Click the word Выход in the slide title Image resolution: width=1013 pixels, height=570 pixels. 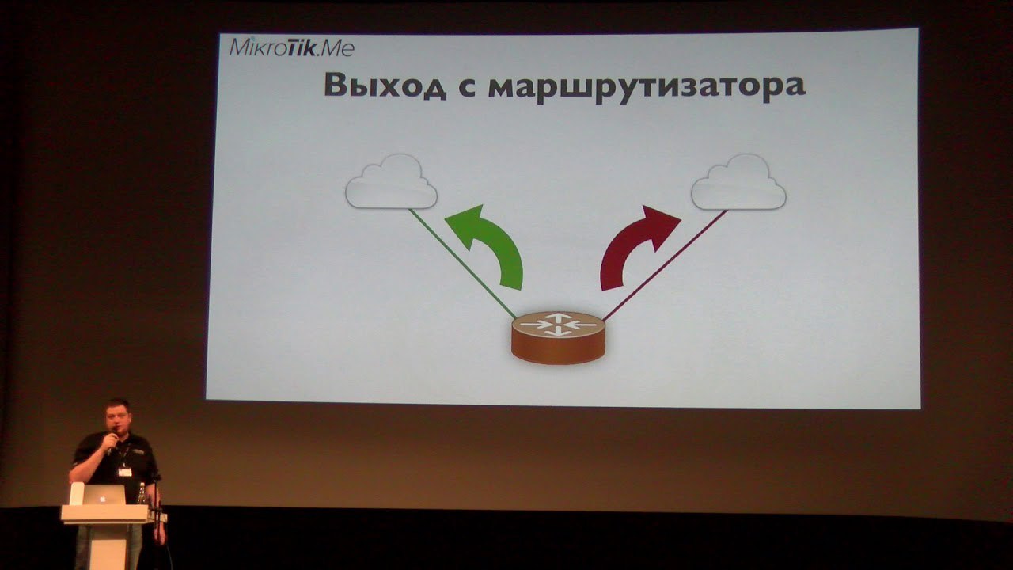[385, 85]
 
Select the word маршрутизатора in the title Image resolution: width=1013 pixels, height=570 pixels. [647, 87]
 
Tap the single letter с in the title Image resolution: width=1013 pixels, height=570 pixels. [468, 86]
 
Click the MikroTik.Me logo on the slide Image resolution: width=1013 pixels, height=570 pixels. [292, 47]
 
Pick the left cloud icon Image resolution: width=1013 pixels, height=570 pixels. [391, 182]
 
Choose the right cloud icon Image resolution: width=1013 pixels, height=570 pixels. [738, 182]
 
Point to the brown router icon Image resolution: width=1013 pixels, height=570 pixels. [558, 337]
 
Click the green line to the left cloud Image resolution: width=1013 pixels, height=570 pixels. [463, 264]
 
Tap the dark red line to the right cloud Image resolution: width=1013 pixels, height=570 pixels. [665, 265]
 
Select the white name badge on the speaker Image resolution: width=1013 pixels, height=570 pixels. [125, 472]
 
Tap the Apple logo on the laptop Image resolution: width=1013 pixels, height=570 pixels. [103, 498]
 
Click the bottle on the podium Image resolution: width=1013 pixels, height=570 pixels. [142, 493]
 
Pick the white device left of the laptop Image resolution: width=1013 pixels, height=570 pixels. [77, 493]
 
